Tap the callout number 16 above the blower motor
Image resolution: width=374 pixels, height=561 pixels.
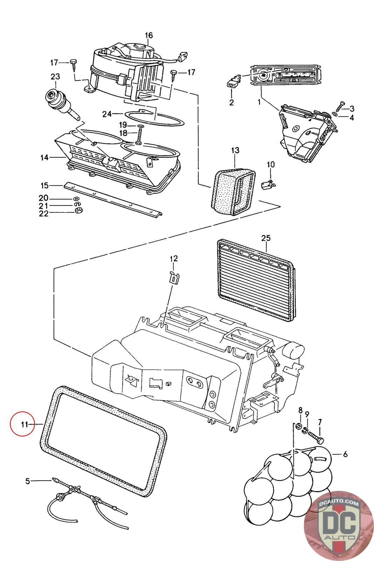point(149,35)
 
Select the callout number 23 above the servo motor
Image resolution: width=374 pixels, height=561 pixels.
point(55,76)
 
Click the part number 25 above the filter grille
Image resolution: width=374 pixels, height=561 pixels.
point(266,238)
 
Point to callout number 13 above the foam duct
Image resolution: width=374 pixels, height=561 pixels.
point(235,150)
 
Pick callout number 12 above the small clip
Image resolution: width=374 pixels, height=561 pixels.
point(174,259)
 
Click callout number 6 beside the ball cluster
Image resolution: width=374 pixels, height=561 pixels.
point(345,454)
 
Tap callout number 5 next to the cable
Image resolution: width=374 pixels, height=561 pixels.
point(28,481)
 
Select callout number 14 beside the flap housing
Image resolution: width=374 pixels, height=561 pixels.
point(44,158)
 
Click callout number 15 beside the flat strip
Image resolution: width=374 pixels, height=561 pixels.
point(44,185)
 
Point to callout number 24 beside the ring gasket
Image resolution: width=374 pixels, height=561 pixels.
point(107,114)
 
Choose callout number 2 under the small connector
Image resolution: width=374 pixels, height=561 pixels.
point(231,102)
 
